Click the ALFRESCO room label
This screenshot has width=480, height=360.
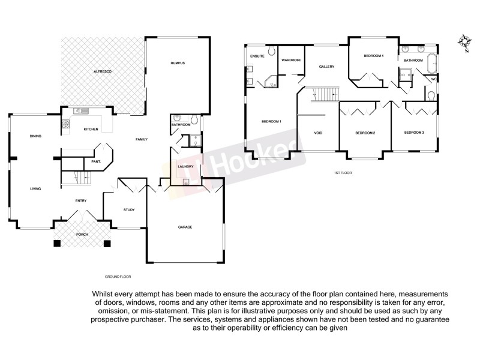tap(103, 71)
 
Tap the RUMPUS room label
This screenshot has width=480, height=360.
tap(177, 62)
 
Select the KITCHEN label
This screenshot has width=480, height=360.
tap(91, 129)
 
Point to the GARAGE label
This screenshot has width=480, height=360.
tap(185, 227)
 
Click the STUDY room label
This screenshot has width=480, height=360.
tap(129, 209)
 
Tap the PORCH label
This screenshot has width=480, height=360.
tap(82, 234)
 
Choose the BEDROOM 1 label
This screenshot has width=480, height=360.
tap(271, 122)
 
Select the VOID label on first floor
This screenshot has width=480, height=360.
tap(319, 133)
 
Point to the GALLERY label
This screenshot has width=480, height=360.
tap(326, 67)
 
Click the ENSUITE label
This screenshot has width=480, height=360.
tap(257, 56)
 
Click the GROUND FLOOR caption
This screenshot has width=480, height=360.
tap(118, 277)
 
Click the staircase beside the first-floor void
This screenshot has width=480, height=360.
tap(327, 94)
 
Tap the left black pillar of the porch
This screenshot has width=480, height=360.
tap(56, 244)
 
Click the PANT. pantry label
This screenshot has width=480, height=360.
tap(95, 161)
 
